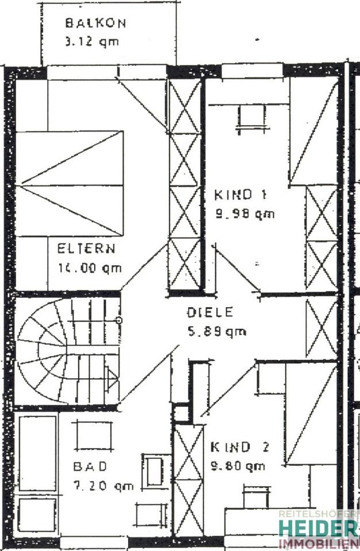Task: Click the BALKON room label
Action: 95,24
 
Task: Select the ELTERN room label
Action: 86,249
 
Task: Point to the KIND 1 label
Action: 240,195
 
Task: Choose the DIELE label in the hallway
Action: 210,313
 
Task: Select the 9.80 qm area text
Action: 238,465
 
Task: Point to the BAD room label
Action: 90,466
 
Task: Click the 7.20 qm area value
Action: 103,486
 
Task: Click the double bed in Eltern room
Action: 69,183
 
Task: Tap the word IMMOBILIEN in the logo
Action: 318,543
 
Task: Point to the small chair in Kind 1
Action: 249,119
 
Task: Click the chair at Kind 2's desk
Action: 256,497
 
